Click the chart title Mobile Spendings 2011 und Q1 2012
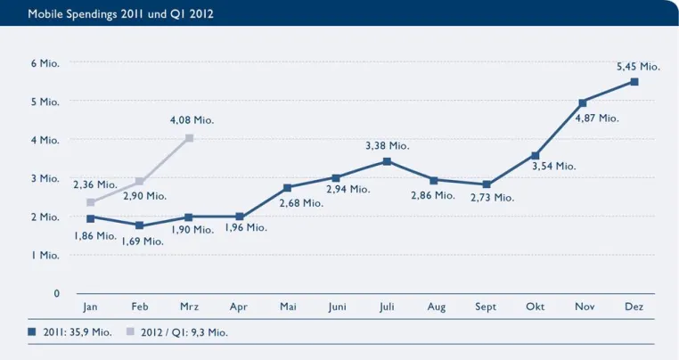click(x=120, y=14)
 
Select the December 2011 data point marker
click(x=634, y=82)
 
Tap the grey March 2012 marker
click(x=189, y=138)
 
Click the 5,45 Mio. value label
click(x=638, y=67)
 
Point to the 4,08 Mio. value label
click(x=192, y=120)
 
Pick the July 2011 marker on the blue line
click(x=387, y=161)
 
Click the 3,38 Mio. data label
click(x=387, y=145)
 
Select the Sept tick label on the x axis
click(x=486, y=307)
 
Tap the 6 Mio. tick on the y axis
click(x=45, y=63)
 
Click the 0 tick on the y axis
click(x=57, y=293)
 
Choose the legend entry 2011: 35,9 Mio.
click(x=70, y=332)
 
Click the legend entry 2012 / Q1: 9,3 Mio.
click(x=177, y=332)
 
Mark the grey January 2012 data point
click(x=91, y=202)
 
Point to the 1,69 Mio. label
click(x=143, y=241)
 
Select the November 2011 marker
click(x=583, y=103)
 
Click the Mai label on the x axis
click(x=288, y=307)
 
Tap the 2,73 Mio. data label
click(x=493, y=198)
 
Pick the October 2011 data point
click(x=536, y=156)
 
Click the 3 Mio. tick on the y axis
click(x=45, y=178)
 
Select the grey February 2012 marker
click(x=139, y=181)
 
